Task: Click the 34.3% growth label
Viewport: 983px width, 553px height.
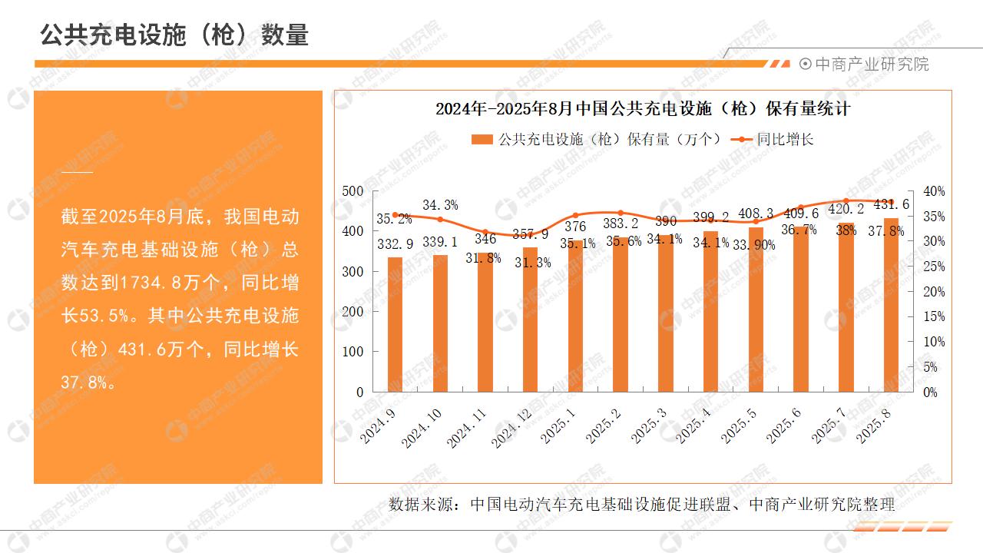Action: click(440, 205)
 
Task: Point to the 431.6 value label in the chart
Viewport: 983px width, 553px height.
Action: click(891, 204)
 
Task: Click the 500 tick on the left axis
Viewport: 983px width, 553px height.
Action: click(352, 191)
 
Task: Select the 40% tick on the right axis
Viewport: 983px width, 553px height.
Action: click(934, 191)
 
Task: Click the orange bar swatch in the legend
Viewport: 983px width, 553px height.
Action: click(482, 140)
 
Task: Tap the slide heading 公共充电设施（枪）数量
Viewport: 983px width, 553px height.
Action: click(174, 35)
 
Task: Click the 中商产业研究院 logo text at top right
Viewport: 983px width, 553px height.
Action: click(871, 65)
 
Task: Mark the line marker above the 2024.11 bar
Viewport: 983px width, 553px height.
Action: click(485, 232)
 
